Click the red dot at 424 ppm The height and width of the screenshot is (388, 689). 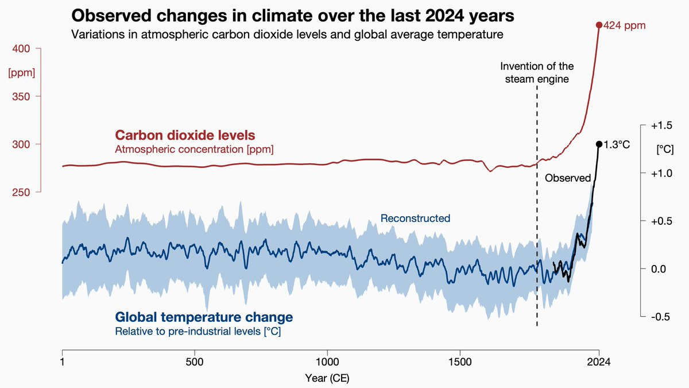[598, 25]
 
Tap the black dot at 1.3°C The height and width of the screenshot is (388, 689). [599, 144]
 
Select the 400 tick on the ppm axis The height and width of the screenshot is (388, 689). [37, 48]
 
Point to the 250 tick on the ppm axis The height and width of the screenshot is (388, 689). [37, 192]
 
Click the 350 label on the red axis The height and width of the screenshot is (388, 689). [21, 97]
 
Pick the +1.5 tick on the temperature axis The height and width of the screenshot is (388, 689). [643, 125]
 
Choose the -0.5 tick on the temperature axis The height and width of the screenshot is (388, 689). [643, 316]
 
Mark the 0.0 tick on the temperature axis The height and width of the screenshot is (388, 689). [643, 268]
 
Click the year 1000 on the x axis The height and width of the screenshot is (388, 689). [327, 362]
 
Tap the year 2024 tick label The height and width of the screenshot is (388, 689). [598, 362]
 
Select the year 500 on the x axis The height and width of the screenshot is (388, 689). [195, 362]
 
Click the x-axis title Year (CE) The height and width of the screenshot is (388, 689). [327, 378]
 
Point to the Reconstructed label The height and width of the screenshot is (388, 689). [415, 218]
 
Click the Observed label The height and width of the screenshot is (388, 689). [568, 178]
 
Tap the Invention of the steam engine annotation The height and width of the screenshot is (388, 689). [537, 72]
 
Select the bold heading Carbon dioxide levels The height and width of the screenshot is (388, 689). [185, 135]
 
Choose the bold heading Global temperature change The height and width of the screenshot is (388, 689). [204, 317]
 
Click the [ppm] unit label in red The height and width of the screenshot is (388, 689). [22, 74]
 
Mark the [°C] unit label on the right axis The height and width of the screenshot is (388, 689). [665, 149]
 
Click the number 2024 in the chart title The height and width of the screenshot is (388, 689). [444, 16]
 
